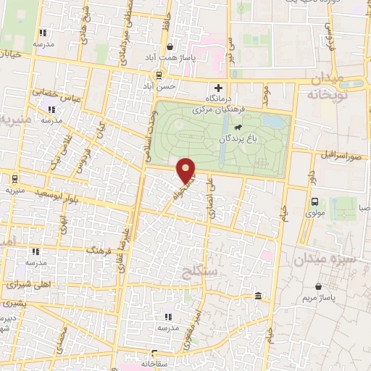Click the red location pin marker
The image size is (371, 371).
[x=187, y=169]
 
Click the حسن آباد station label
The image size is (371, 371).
[x=157, y=86]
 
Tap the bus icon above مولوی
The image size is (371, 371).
[x=315, y=202]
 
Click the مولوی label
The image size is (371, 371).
[x=315, y=214]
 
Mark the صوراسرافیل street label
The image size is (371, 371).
[x=338, y=154]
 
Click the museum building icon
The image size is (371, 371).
[x=259, y=295]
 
